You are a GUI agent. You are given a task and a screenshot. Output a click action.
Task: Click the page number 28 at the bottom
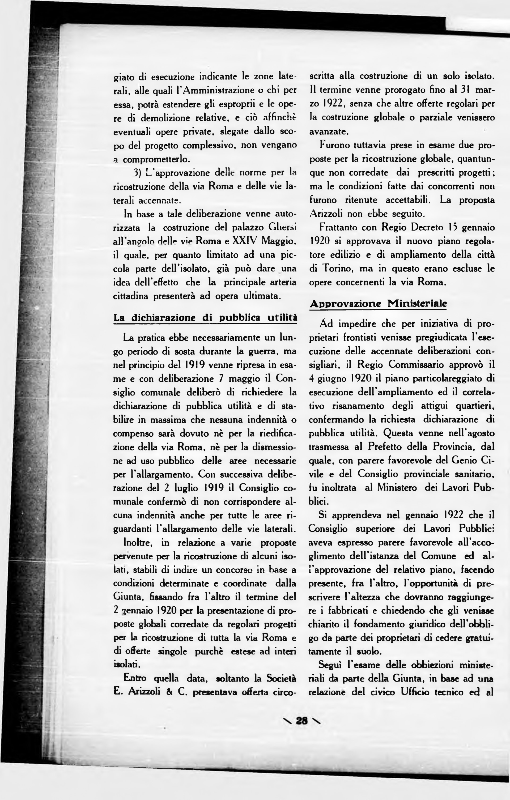click(301, 721)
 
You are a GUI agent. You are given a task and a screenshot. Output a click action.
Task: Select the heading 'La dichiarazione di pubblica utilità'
click(205, 318)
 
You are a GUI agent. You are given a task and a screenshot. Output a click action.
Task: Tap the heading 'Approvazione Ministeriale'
click(378, 304)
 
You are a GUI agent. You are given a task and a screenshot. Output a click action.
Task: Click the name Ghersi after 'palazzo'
click(281, 228)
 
